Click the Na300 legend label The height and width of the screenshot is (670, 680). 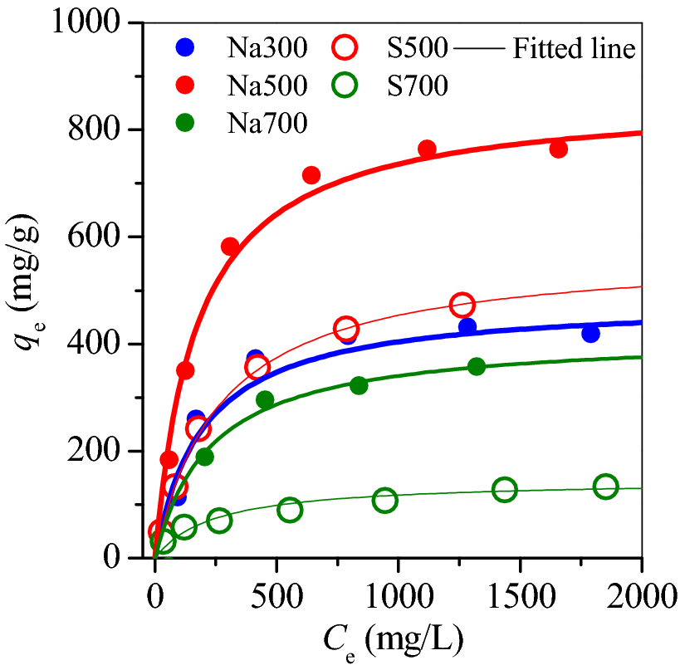269,49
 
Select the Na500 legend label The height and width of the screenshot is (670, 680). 269,86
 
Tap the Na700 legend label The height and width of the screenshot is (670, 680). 269,123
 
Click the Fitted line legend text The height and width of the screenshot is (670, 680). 574,49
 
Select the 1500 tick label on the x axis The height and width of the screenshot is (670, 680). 520,595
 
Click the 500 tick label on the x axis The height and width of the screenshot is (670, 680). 276,595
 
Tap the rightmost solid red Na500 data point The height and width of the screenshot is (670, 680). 558,149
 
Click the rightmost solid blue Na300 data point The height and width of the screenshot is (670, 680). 590,333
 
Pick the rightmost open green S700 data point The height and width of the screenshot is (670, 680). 605,487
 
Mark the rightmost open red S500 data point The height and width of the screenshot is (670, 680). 462,305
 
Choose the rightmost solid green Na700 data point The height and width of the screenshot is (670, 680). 476,366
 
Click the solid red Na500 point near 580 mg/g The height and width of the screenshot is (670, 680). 230,247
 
